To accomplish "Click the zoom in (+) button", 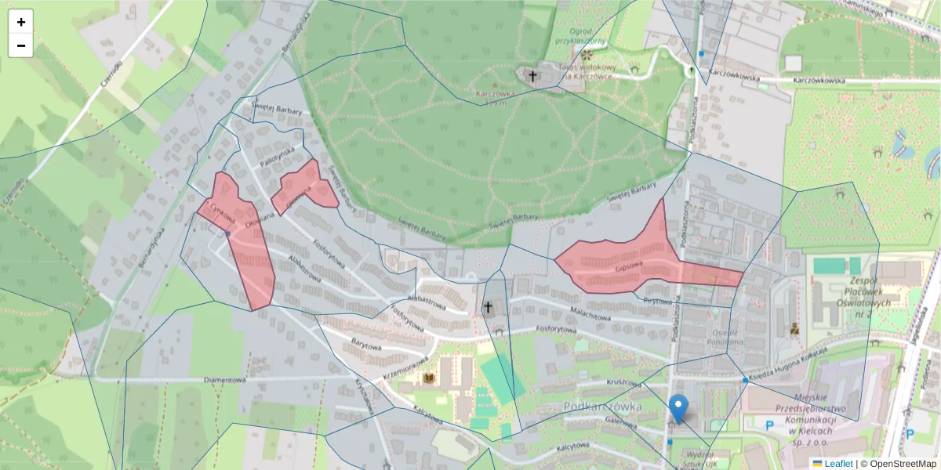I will pos(21,22).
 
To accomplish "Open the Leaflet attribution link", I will pos(837,464).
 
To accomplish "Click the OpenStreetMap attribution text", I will pos(898,464).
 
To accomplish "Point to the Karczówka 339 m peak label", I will pos(495,96).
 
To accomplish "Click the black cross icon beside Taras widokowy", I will pos(533,76).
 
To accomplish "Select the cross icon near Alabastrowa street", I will pos(488,307).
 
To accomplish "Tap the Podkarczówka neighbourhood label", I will pos(602,407).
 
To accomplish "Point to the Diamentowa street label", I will pos(224,380).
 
